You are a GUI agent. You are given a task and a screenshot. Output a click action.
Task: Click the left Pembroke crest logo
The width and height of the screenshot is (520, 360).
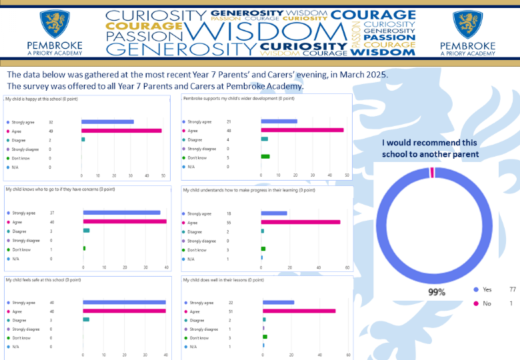pyautogui.click(x=56, y=24)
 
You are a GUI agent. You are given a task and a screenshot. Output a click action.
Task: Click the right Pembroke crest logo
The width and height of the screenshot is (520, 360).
pyautogui.click(x=467, y=24)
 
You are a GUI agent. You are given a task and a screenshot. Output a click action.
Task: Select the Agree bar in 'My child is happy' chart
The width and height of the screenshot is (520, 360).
pyautogui.click(x=121, y=131)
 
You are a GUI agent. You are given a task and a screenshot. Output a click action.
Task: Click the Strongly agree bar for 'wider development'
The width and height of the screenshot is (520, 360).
pyautogui.click(x=279, y=121)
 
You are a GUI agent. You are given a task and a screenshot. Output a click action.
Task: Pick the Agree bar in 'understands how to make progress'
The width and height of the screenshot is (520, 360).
pyautogui.click(x=300, y=222)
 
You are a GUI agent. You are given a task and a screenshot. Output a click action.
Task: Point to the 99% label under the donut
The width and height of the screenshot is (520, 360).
pyautogui.click(x=437, y=291)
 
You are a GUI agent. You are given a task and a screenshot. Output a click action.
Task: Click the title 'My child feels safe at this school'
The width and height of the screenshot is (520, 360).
pyautogui.click(x=43, y=280)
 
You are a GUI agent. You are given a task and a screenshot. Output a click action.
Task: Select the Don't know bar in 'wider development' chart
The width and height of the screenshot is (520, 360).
pyautogui.click(x=265, y=157)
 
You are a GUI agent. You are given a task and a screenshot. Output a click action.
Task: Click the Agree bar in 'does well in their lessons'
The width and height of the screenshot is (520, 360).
pyautogui.click(x=299, y=311)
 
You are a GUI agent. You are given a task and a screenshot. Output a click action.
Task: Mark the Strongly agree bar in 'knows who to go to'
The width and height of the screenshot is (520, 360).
pyautogui.click(x=121, y=213)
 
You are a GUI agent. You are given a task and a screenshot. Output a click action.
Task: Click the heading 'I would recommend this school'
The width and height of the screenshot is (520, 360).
pyautogui.click(x=430, y=148)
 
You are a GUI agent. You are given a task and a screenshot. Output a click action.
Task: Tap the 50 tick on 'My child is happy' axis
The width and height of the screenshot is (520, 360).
pyautogui.click(x=163, y=177)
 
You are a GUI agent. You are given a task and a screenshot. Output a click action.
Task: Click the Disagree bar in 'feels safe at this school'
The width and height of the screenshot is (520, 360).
pyautogui.click(x=86, y=319)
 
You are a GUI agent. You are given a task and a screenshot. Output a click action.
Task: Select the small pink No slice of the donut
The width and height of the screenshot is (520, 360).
pyautogui.click(x=432, y=173)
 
